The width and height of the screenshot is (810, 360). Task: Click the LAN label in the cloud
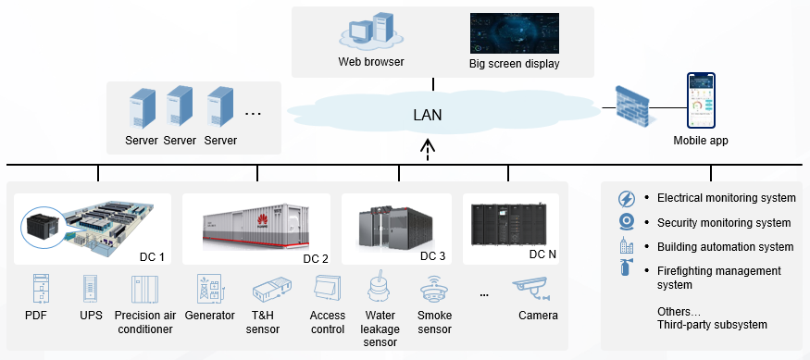click(x=427, y=116)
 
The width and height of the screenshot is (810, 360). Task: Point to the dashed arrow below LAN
click(x=427, y=149)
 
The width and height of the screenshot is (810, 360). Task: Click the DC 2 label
click(x=316, y=257)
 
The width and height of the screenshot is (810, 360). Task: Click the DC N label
click(x=542, y=254)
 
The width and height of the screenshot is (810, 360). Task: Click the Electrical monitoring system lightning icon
click(x=625, y=198)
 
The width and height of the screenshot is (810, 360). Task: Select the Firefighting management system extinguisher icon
click(x=625, y=271)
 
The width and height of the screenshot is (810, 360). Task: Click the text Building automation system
click(x=725, y=247)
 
